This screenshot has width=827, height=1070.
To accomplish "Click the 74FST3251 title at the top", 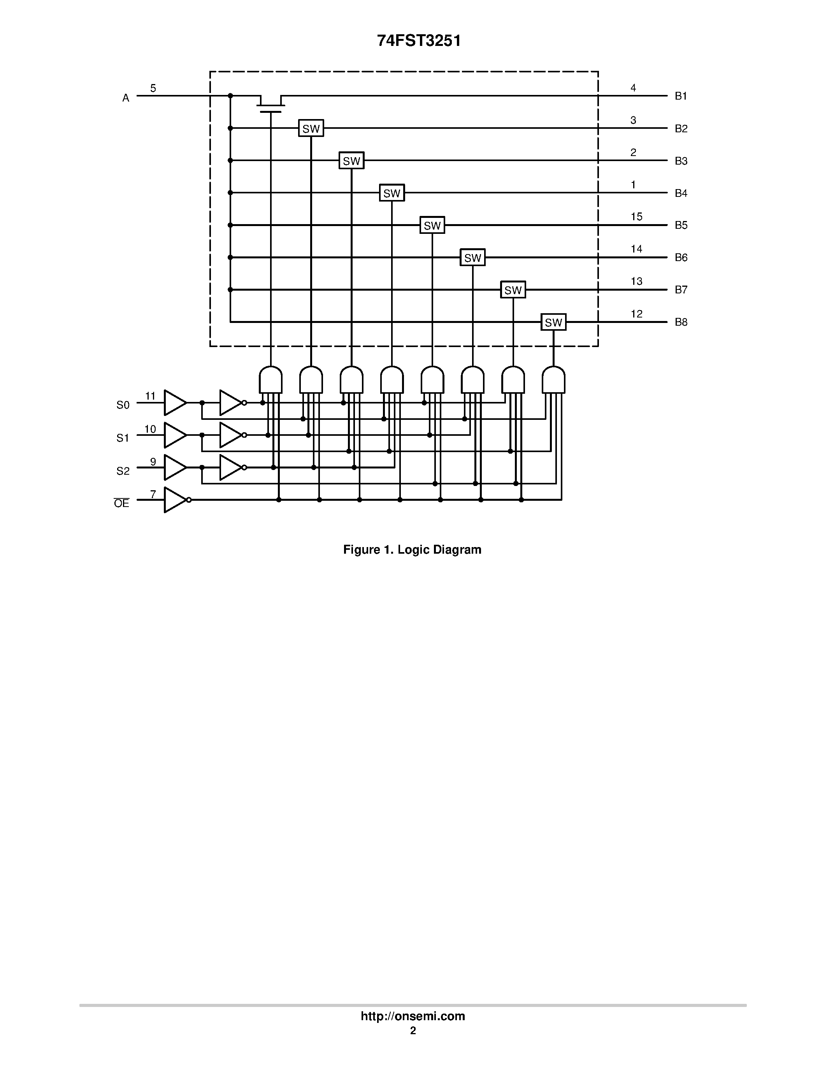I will coord(419,41).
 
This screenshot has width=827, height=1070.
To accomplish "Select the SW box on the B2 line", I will coord(311,128).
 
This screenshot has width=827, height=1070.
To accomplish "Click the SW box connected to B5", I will coord(432,225).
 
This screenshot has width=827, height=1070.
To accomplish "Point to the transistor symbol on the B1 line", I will coord(270,103).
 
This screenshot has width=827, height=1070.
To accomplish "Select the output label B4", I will coord(681,193).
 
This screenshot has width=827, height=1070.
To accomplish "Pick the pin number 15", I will coord(636,217).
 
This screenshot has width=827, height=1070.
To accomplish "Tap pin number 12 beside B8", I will coord(636,314).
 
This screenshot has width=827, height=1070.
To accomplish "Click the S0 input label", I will coord(123,405).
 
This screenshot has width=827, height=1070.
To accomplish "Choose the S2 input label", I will coord(123,471).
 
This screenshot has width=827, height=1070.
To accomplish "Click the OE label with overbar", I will coord(121,503).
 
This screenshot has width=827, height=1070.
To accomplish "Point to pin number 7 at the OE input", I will coord(153,494).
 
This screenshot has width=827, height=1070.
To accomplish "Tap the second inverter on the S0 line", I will coord(231,403).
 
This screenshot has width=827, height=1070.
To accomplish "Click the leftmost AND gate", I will coord(270,380).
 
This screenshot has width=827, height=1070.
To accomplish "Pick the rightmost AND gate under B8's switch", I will coord(553,380).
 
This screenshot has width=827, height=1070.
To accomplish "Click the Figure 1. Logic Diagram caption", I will coord(412,550).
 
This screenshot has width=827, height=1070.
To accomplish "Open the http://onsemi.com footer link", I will coord(413,1016).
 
